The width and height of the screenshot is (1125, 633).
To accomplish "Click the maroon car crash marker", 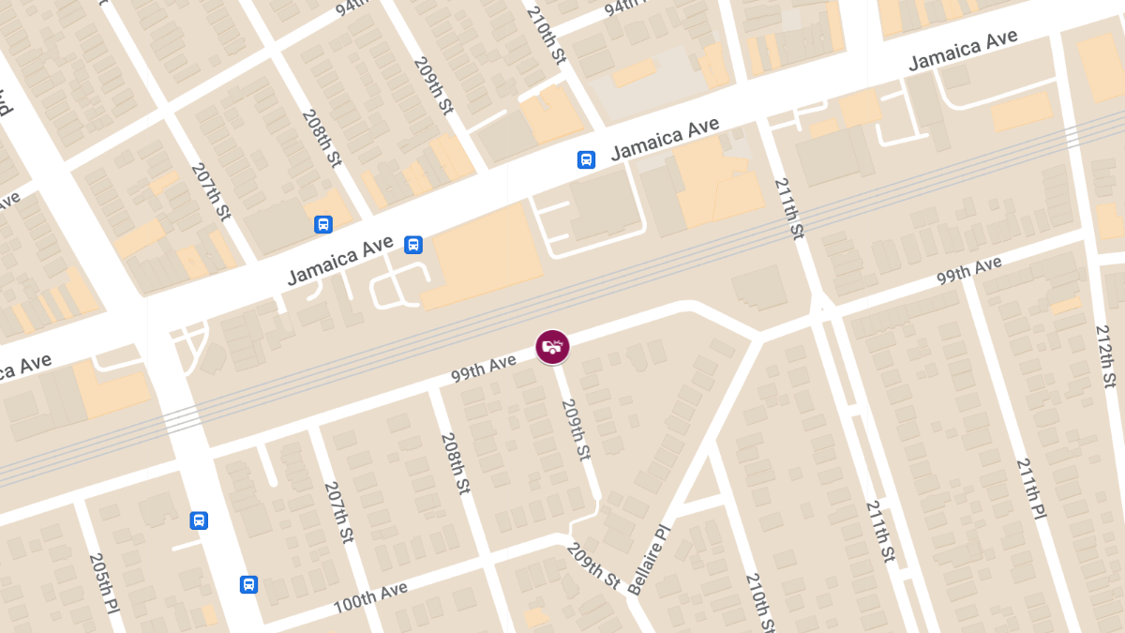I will (552, 346).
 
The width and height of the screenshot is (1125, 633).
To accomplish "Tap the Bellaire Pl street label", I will (650, 560).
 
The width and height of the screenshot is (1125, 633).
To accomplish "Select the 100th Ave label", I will (370, 597).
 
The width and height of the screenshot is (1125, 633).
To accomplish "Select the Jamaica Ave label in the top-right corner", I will (963, 50).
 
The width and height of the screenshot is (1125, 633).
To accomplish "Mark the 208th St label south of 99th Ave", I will (454, 463).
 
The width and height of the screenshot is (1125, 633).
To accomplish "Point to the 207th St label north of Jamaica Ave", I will (210, 192).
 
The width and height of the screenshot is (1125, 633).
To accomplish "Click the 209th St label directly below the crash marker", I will (575, 430).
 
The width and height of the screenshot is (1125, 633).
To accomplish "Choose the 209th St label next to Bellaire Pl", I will (592, 565).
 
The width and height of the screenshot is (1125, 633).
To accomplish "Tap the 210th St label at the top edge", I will (547, 34).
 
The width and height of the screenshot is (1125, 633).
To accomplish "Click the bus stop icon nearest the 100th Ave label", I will (248, 584).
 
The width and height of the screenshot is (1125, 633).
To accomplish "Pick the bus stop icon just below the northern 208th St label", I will (322, 224).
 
